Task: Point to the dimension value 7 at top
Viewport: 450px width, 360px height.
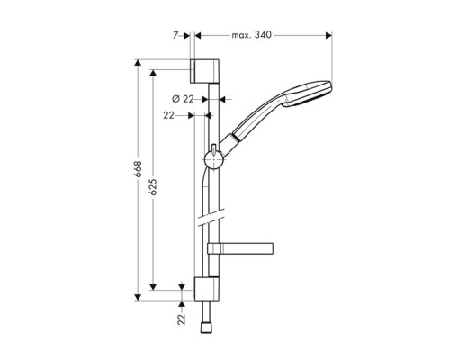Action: [178, 35]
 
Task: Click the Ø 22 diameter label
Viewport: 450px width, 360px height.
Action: [184, 99]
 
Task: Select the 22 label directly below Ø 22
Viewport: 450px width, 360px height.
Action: [168, 114]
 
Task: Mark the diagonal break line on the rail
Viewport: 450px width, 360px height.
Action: [211, 217]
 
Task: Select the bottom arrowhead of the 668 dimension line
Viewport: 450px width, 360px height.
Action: [138, 294]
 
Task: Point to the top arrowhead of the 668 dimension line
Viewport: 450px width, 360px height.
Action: [138, 63]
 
